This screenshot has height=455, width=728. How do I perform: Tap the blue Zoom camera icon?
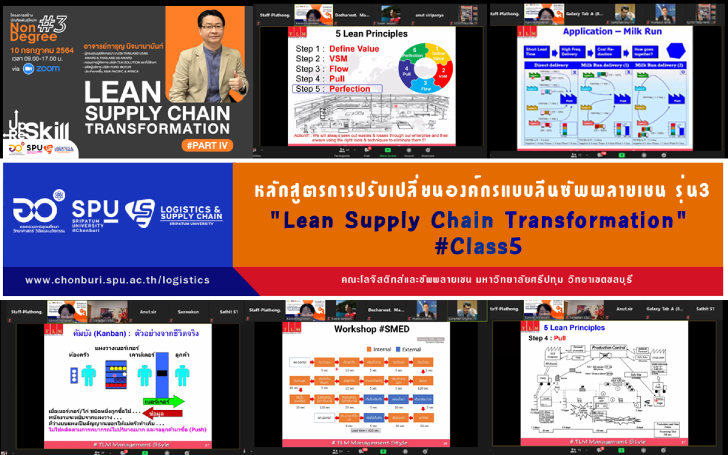tap(28, 69)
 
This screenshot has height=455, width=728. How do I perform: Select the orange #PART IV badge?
tap(207, 145)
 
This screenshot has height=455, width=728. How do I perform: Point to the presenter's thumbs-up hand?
tap(238, 80)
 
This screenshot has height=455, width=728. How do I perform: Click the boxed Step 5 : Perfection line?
tap(337, 89)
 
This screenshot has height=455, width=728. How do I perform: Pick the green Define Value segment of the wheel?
tap(438, 55)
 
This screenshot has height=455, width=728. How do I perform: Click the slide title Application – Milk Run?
tap(612, 31)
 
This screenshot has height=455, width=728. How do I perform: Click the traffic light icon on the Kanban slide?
tap(73, 376)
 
